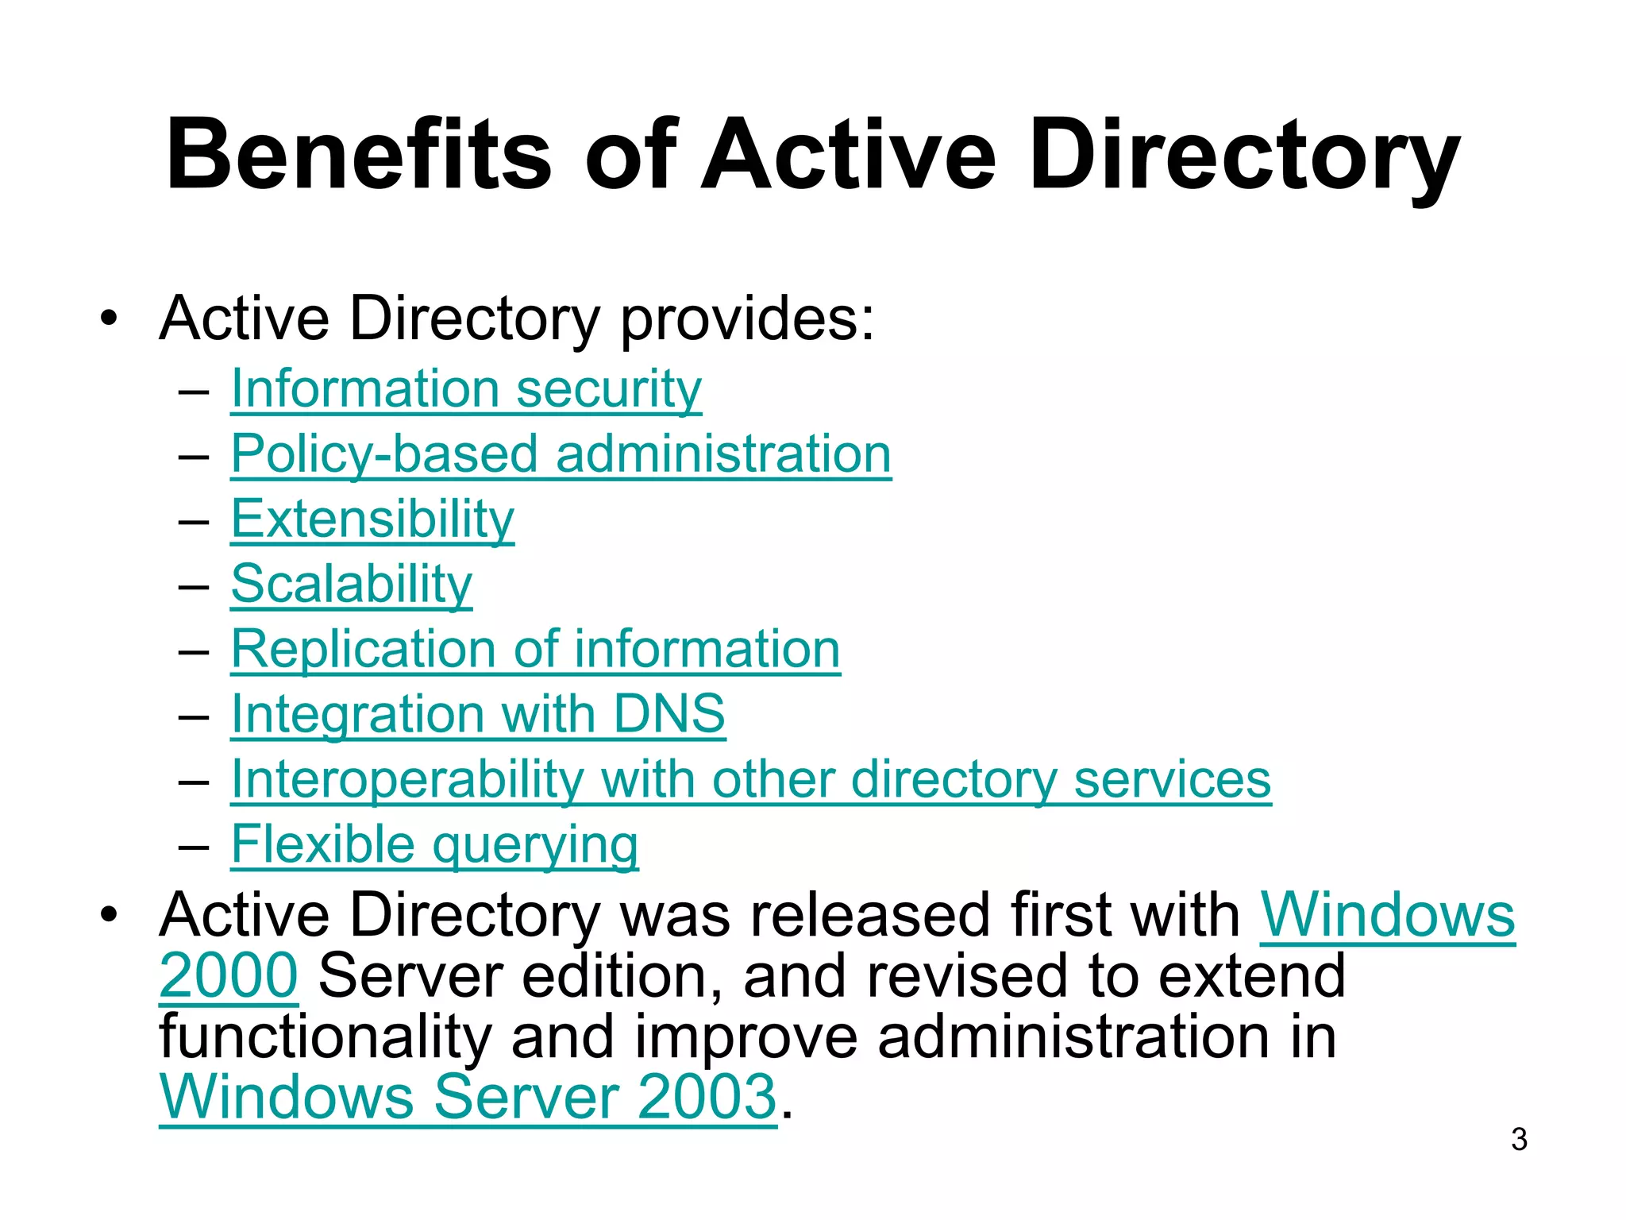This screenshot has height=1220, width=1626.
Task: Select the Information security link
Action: tap(466, 389)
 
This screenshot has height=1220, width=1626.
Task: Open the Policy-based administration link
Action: tap(561, 454)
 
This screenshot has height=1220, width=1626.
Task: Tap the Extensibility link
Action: tap(372, 519)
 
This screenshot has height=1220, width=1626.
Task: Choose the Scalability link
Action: tap(351, 585)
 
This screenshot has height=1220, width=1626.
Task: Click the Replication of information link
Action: tap(535, 650)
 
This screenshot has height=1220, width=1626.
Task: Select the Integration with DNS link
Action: tap(477, 714)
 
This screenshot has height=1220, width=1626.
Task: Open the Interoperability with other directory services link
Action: tap(750, 779)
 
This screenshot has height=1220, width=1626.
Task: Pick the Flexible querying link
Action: tap(434, 844)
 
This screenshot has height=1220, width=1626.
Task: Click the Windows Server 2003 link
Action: tap(468, 1097)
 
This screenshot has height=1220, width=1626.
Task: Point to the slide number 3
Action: tap(1519, 1140)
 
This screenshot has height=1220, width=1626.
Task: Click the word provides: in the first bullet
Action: tap(747, 319)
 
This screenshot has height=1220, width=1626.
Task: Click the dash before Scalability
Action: tap(194, 587)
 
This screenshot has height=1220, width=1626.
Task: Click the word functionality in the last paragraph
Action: tap(326, 1037)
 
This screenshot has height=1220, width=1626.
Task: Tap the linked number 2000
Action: tap(229, 976)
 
